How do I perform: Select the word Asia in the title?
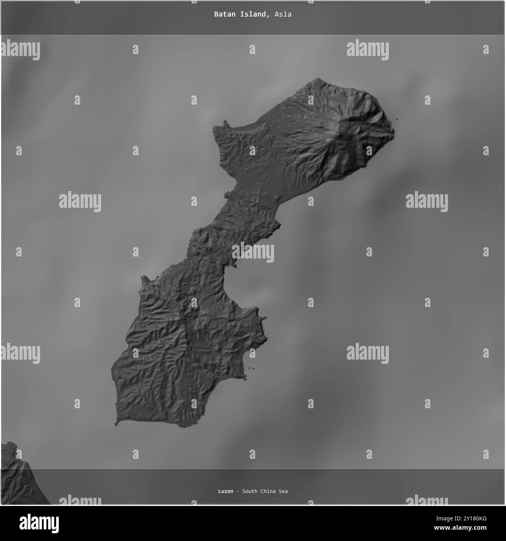point(283,14)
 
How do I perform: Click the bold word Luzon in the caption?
point(226,491)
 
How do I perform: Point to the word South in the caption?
point(249,491)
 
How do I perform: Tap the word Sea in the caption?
point(283,491)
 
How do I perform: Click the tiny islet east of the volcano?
point(396,119)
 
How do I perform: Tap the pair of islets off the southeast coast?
point(251,369)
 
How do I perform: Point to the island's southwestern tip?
point(116,423)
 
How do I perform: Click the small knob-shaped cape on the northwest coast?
point(224,124)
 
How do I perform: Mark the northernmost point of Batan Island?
point(318,79)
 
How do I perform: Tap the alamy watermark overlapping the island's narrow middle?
point(253,252)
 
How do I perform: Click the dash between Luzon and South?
point(237,491)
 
